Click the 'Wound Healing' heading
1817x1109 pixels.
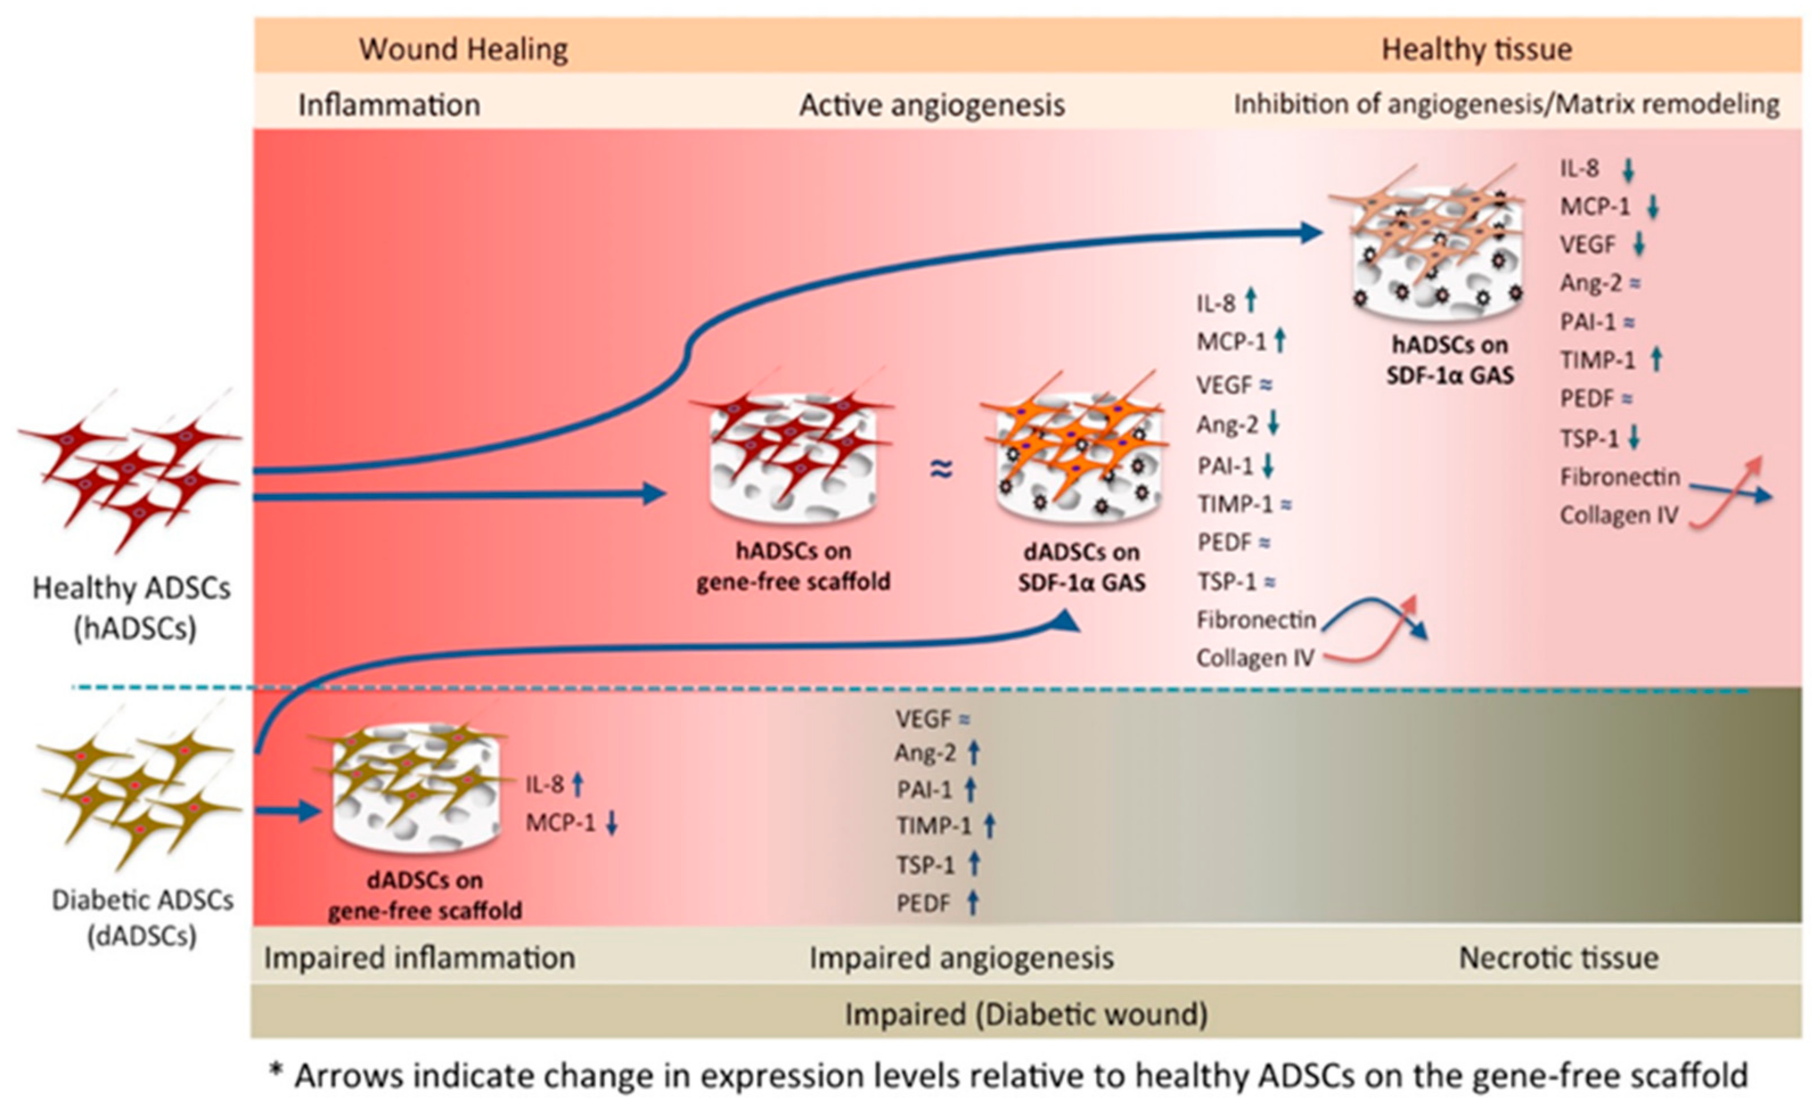pyautogui.click(x=463, y=50)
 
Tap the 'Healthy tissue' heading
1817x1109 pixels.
pyautogui.click(x=1476, y=50)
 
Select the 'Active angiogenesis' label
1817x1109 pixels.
pyautogui.click(x=931, y=105)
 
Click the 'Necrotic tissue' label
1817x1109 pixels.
pyautogui.click(x=1558, y=958)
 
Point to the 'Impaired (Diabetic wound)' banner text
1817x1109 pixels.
pyautogui.click(x=1026, y=1014)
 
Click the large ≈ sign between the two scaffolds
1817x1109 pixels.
pyautogui.click(x=941, y=468)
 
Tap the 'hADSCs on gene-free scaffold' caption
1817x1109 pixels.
pyautogui.click(x=793, y=566)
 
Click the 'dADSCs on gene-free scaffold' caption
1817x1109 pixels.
pyautogui.click(x=425, y=896)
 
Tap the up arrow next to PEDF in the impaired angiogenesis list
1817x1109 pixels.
pyautogui.click(x=973, y=903)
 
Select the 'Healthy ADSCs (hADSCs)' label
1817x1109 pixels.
pyautogui.click(x=131, y=608)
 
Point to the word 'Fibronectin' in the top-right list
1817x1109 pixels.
pyautogui.click(x=1619, y=477)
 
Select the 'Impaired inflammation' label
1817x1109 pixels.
pyautogui.click(x=420, y=958)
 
